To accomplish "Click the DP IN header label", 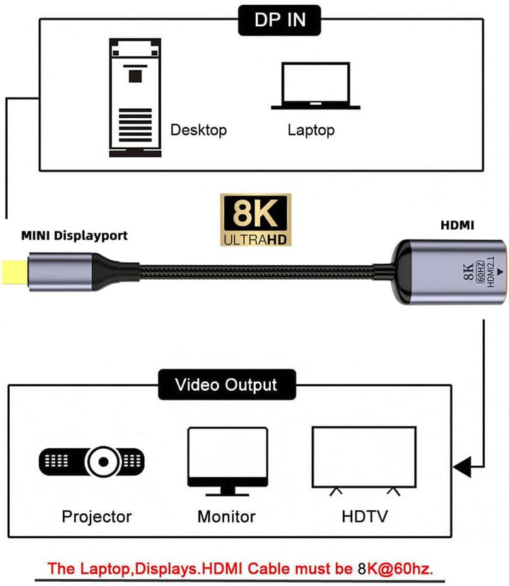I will pyautogui.click(x=281, y=19).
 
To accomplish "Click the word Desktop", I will pyautogui.click(x=199, y=130).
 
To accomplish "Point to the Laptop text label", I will pyautogui.click(x=311, y=130).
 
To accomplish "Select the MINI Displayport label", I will pyautogui.click(x=74, y=235).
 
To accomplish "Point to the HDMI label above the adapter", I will pyautogui.click(x=457, y=226).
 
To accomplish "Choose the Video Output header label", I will pyautogui.click(x=226, y=385).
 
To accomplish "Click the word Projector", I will pyautogui.click(x=96, y=517).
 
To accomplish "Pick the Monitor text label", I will pyautogui.click(x=226, y=517).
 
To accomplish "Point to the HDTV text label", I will pyautogui.click(x=363, y=517).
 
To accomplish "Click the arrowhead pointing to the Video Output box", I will pyautogui.click(x=462, y=467).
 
